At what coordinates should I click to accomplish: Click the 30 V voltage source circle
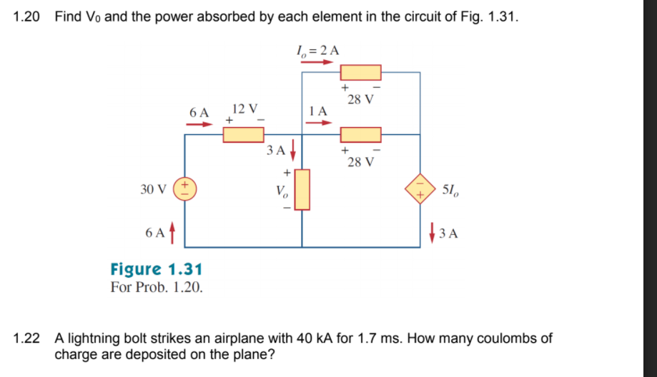click(x=185, y=189)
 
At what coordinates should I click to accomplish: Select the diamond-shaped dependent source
click(x=420, y=189)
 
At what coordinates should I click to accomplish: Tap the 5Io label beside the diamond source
click(x=452, y=189)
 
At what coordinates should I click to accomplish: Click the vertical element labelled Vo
click(x=302, y=189)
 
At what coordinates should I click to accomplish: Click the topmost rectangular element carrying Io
click(x=360, y=73)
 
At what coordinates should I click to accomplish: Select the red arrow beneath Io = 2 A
click(x=317, y=62)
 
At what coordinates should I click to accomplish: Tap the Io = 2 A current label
click(x=317, y=50)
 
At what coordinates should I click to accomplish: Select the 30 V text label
click(x=153, y=189)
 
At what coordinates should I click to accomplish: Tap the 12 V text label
click(x=245, y=109)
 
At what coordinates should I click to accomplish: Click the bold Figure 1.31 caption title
click(x=157, y=269)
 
